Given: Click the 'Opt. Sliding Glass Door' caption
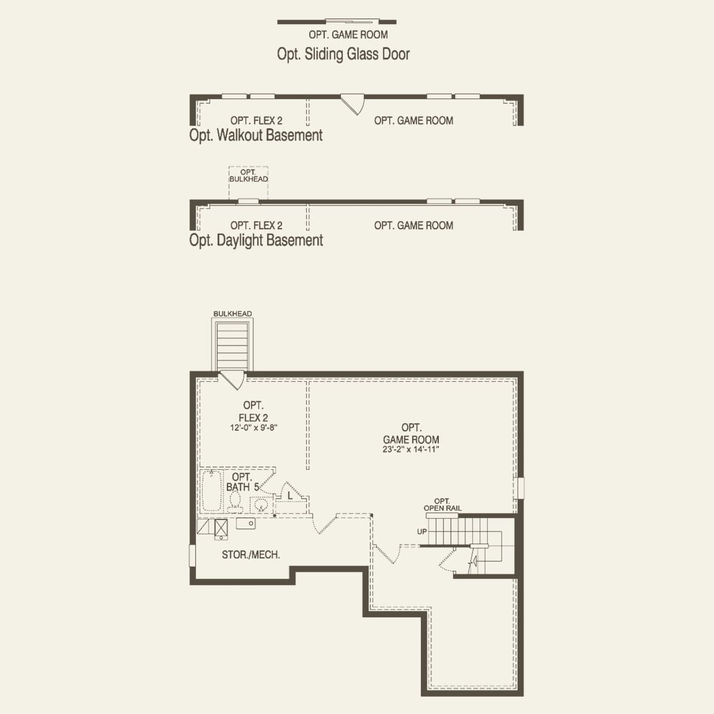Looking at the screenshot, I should coord(343,54).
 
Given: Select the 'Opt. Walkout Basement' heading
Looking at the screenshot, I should coord(256,136).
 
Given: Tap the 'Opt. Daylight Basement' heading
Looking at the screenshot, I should coord(256,241).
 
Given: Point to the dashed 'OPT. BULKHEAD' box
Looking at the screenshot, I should coord(248,183).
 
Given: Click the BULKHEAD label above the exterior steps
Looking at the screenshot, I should coord(233,314).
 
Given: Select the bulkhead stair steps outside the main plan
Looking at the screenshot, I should coord(233,346).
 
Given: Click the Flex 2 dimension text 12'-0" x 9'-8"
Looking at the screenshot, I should coord(254,428).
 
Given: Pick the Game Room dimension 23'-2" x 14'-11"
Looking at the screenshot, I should coord(411,449).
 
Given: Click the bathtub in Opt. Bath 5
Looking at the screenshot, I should coord(211,491).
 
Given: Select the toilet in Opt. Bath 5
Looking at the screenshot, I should coord(235,503).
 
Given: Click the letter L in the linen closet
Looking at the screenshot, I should coord(290,495).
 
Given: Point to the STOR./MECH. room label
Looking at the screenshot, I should coord(251,555).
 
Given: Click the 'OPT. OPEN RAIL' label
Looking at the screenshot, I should coord(442,505).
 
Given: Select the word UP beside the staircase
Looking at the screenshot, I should coord(422,531).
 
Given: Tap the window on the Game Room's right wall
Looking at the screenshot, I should coord(520,488).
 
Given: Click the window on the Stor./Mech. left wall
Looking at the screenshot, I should coord(193,556).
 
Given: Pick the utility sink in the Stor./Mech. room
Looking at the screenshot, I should coord(246,523).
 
